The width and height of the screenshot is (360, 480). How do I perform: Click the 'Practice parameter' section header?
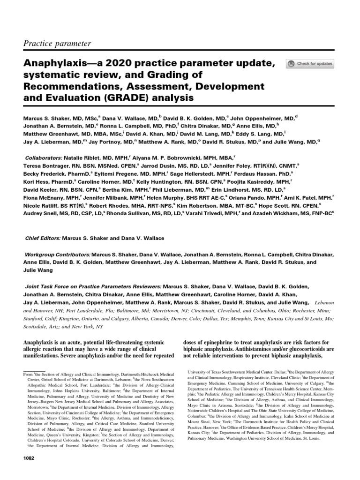coord(57,44)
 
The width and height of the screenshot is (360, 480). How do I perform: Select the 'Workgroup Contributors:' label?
coord(57,255)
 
